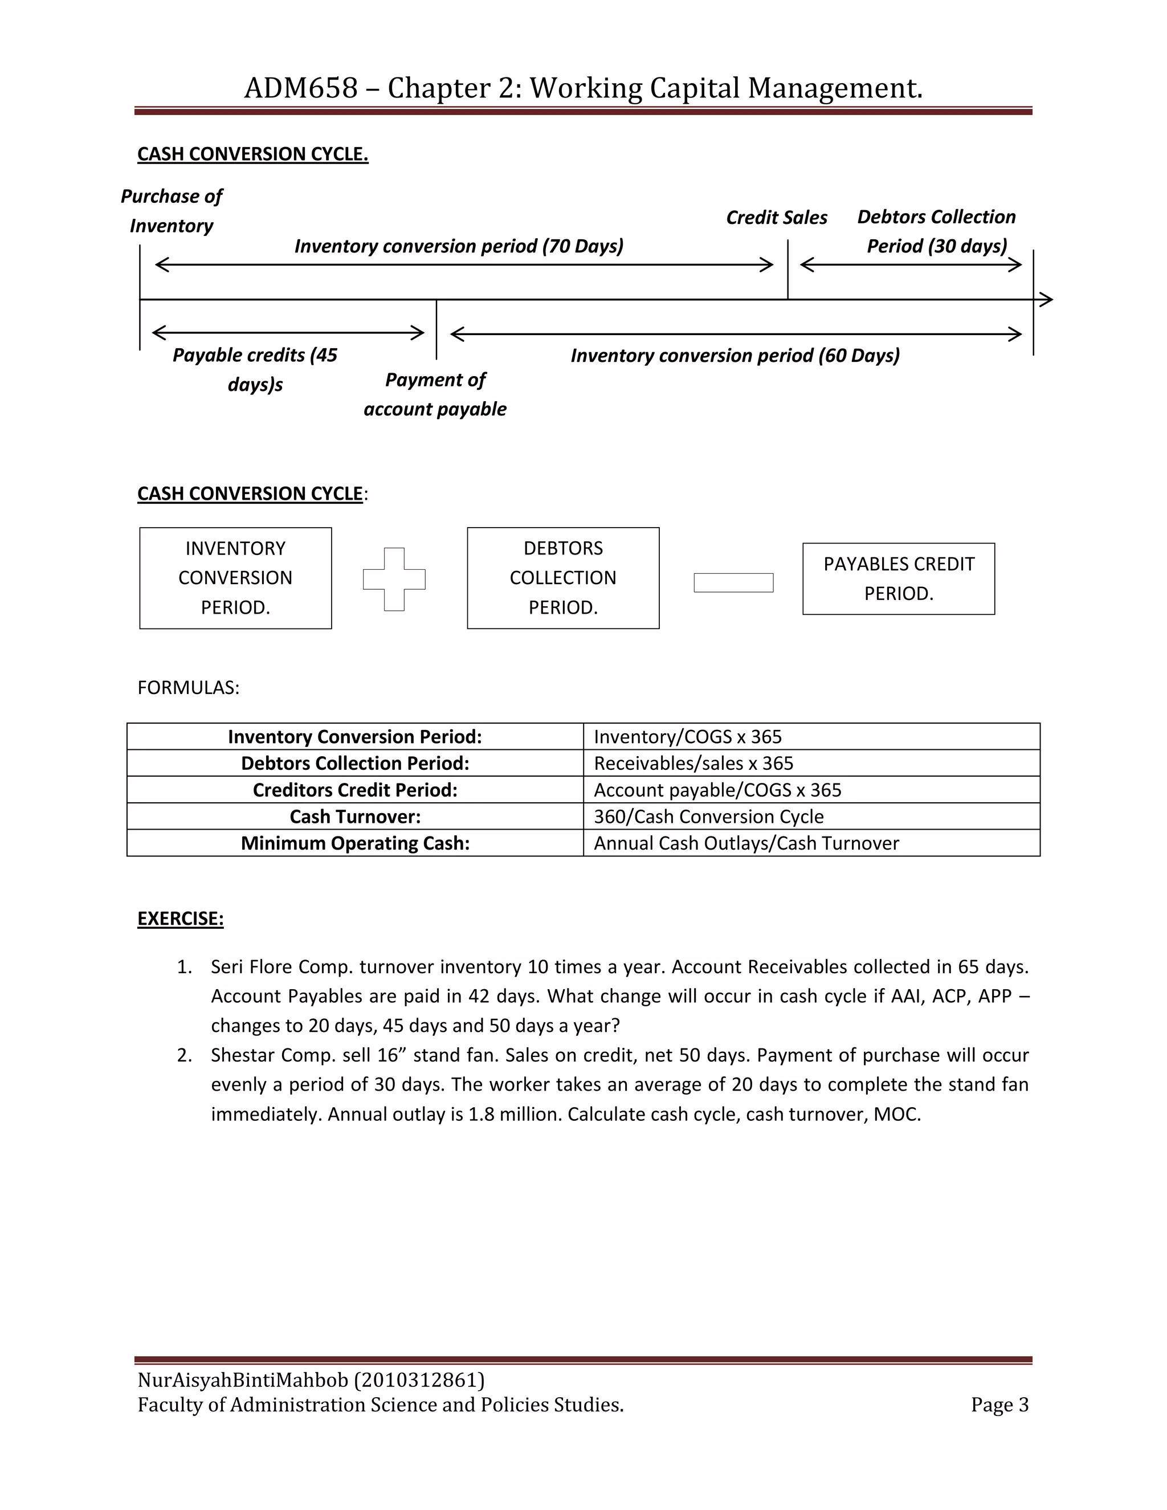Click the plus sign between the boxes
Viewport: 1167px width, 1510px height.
[394, 579]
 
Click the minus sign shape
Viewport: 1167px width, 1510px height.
[733, 583]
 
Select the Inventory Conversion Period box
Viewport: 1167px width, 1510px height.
[235, 578]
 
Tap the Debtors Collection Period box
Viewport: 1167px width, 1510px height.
[563, 578]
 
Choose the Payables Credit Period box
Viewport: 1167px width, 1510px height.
[898, 579]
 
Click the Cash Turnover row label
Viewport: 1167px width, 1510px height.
[354, 817]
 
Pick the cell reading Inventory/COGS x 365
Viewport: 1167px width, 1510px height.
[687, 737]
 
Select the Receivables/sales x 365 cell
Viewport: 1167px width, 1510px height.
[693, 764]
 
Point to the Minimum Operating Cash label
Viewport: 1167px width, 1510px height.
[354, 843]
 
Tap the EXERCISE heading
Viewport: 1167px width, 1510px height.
[181, 919]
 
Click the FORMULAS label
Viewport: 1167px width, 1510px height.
[188, 688]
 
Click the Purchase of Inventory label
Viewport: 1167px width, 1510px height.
[172, 211]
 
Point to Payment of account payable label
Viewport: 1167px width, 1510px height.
[435, 394]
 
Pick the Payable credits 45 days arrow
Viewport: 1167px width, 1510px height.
[288, 333]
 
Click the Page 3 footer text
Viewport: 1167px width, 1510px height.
[999, 1405]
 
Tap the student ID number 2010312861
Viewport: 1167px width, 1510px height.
[419, 1380]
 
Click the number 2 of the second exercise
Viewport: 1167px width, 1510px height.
[184, 1055]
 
